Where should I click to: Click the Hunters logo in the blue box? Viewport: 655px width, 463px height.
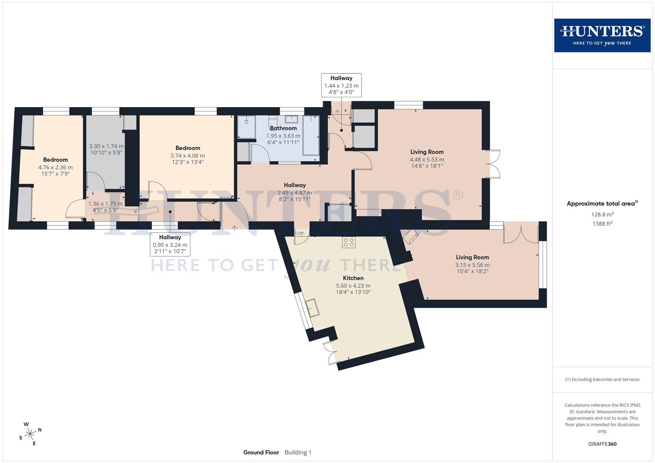point(602,35)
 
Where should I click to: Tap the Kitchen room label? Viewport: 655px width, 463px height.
point(353,278)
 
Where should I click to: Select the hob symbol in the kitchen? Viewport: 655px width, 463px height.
point(348,242)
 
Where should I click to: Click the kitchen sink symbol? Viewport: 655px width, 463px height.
point(312,307)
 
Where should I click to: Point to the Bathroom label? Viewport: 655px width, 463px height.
point(283,128)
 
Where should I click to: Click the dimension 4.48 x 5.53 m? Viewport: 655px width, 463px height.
point(427,159)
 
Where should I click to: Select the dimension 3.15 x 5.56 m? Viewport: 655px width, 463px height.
point(472,265)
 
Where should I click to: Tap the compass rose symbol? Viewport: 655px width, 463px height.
point(30,434)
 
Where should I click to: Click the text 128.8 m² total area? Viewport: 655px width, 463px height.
point(602,214)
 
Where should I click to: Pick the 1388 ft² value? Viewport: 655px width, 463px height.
point(602,223)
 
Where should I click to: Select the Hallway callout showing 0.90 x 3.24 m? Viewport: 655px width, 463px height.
point(170,245)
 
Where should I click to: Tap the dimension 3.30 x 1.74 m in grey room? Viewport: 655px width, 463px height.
point(106,146)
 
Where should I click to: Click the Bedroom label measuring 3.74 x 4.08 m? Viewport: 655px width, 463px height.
point(187,148)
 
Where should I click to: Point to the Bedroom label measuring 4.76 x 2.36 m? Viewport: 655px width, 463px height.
point(55,159)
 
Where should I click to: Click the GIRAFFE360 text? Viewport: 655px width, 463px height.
point(602,444)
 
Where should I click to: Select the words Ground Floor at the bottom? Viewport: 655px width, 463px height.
point(261,452)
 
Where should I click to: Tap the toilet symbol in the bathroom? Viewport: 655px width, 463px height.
point(273,119)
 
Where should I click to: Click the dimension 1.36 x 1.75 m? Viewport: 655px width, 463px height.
point(105,204)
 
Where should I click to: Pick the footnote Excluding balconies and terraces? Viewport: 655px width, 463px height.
point(602,379)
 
